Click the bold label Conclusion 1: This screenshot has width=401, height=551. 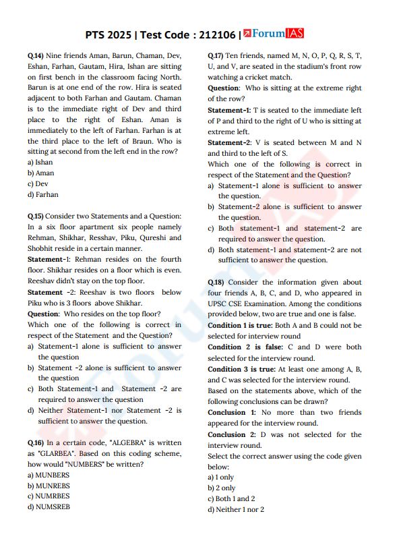click(x=231, y=412)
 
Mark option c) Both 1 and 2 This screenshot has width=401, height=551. click(x=231, y=499)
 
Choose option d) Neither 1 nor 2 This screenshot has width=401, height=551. click(x=236, y=510)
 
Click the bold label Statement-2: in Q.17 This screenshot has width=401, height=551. click(x=229, y=142)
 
